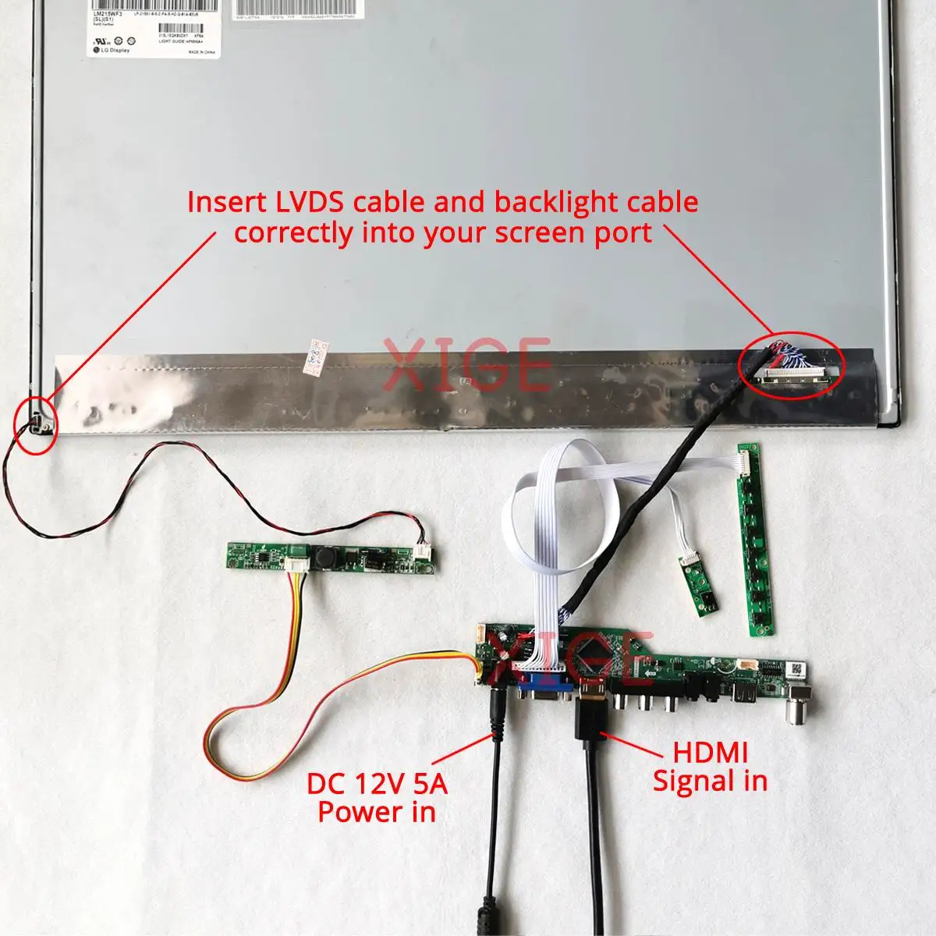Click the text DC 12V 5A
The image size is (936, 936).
(378, 784)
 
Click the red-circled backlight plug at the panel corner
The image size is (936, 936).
(39, 423)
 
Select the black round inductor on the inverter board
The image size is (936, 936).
(324, 558)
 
